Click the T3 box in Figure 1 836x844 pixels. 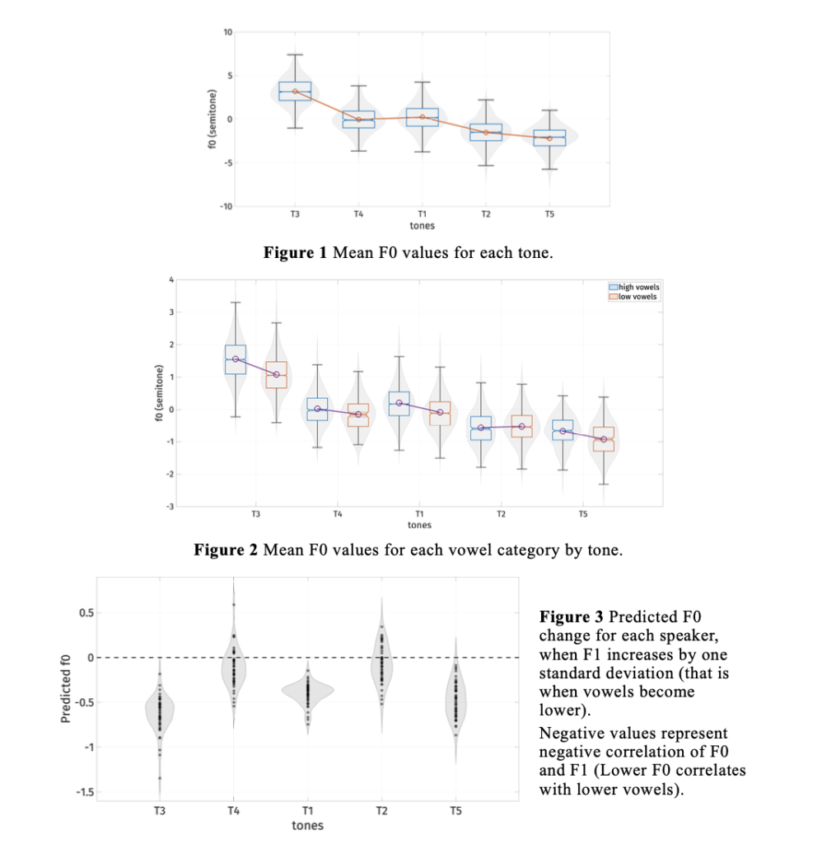[295, 91]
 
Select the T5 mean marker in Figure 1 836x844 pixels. [549, 138]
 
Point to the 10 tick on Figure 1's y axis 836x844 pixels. [228, 32]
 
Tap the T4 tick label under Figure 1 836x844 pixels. [358, 214]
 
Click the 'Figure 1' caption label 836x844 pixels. [295, 252]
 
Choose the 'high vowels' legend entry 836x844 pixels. [634, 287]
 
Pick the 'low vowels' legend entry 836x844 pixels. [633, 297]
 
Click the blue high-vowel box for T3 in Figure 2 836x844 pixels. [235, 359]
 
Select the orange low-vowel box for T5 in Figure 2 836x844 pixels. [604, 438]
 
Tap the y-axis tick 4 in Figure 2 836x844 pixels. [171, 279]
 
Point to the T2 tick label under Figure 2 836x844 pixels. [501, 514]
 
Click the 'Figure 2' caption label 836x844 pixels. [226, 550]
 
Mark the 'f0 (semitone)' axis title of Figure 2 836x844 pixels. [159, 393]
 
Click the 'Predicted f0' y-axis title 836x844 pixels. [66, 689]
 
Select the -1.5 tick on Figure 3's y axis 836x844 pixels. [85, 792]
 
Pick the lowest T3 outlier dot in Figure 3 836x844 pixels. [160, 778]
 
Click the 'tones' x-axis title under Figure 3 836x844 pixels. [308, 826]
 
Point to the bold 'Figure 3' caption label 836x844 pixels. [572, 617]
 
